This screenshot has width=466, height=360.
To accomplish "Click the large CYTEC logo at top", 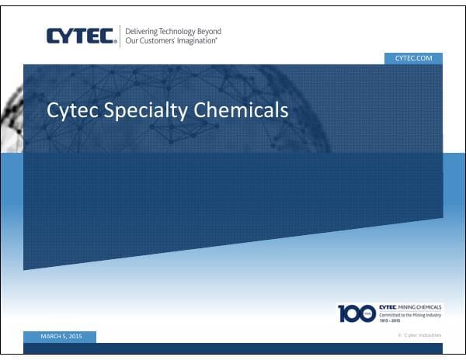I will [x=81, y=36].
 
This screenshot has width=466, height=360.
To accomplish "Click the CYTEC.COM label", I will [x=413, y=58].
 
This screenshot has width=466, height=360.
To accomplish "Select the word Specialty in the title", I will [x=146, y=112].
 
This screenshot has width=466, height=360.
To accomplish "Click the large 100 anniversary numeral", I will [x=356, y=313].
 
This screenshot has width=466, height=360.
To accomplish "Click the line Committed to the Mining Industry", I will [x=411, y=315].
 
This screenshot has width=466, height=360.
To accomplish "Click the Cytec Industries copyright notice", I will [x=419, y=334].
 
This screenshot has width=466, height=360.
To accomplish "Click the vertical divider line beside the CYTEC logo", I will [x=120, y=36].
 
